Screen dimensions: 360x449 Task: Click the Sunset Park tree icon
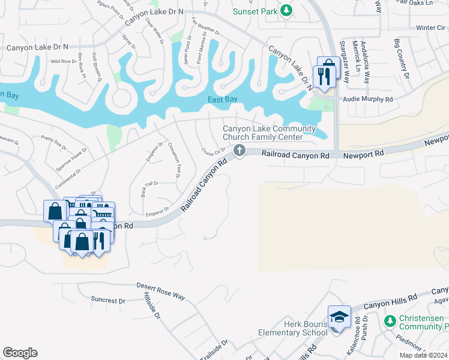pos(287,10)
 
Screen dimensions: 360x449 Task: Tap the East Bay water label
pos(220,100)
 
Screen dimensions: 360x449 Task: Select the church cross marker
pos(240,150)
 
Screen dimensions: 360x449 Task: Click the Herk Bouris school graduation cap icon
pos(339,315)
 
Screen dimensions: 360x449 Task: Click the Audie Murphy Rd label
pos(367,99)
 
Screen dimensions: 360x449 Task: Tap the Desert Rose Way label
pos(160,291)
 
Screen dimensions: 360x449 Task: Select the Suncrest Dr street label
pos(108,300)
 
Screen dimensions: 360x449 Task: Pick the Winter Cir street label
pos(430,28)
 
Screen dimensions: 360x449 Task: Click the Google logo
pos(20,353)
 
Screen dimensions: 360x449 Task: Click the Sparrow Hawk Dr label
pos(71,158)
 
